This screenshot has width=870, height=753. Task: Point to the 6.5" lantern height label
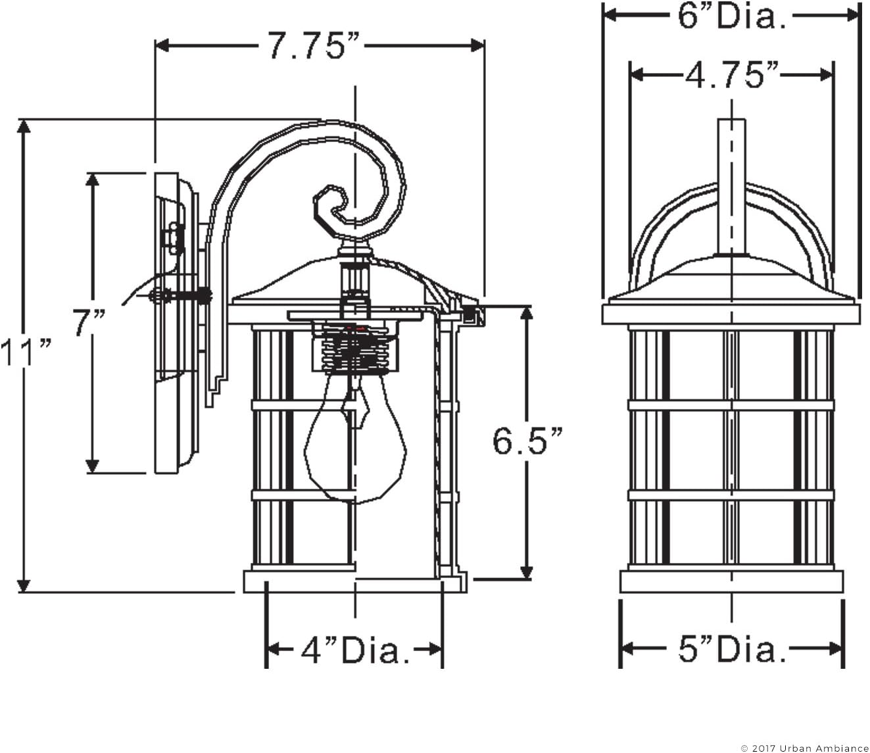tap(528, 441)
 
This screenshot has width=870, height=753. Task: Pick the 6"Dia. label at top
tap(731, 16)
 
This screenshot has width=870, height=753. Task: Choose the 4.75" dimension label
tap(731, 75)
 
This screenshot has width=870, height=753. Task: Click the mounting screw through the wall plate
tap(181, 297)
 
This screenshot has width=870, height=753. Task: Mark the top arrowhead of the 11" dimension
tap(24, 127)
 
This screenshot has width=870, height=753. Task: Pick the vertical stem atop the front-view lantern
tap(731, 187)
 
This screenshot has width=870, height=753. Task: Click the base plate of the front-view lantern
tap(731, 581)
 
